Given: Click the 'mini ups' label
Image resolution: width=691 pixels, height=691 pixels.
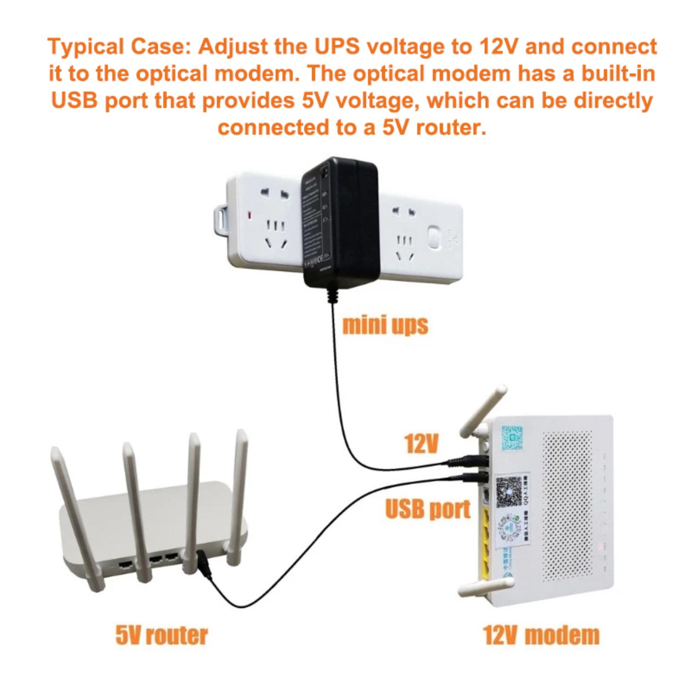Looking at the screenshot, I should pos(385,325).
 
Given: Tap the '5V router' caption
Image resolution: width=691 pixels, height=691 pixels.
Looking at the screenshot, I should pos(162,635).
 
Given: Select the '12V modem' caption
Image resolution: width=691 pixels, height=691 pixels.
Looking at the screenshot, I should pos(541,635).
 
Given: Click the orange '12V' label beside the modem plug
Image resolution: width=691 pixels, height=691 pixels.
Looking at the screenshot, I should pos(422,443).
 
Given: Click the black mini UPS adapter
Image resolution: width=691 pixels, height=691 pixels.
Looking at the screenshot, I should pos(340,222).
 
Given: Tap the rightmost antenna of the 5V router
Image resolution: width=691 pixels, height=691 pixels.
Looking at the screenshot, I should pos(238,497).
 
